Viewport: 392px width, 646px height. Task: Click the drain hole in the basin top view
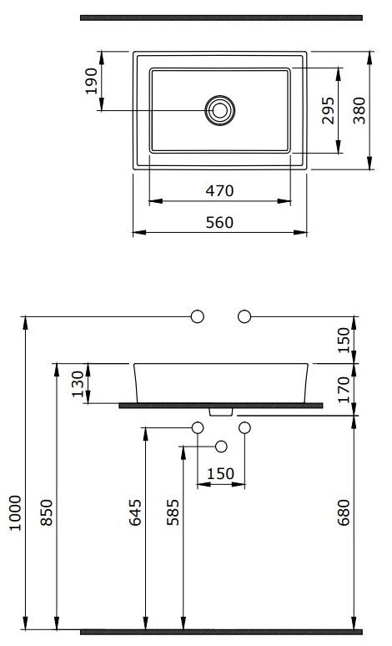pos(220,110)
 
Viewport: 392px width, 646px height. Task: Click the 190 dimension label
pos(92,81)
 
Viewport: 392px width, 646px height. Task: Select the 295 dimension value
pos(328,110)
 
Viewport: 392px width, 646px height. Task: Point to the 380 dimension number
pos(359,110)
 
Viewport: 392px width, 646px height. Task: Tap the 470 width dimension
pos(219,191)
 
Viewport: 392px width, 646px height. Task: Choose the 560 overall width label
pos(219,223)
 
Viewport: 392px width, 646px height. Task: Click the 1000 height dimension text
pos(15,513)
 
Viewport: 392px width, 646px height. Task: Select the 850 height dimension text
pos(47,512)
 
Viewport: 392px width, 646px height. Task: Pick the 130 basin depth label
pos(78,384)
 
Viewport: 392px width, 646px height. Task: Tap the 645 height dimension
pos(135,512)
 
